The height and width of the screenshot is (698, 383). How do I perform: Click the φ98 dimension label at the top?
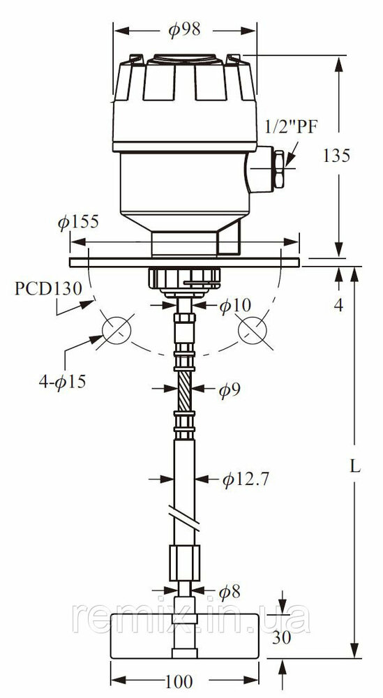point(184,30)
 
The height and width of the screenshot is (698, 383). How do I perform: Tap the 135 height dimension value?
point(337,156)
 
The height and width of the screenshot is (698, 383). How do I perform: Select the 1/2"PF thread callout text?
point(292,127)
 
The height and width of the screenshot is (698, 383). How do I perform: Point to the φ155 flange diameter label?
point(78,222)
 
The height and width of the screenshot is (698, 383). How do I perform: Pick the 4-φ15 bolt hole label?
point(62,382)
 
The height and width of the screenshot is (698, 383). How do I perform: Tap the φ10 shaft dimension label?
point(235,306)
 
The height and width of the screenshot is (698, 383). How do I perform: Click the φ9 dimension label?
point(230,390)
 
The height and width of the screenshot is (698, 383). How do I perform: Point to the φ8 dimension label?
point(230,591)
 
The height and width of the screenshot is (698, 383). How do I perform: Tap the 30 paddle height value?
point(282,637)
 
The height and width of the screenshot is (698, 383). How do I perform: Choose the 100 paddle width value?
point(179,681)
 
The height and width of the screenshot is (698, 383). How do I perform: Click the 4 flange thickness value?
point(339,305)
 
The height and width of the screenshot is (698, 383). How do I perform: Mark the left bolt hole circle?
point(117,330)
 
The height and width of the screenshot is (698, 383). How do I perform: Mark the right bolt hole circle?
point(253,331)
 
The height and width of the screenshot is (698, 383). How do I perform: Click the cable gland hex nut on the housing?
point(279,169)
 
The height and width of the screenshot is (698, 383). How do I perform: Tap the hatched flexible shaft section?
point(185,390)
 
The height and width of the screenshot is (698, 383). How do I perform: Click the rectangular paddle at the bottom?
point(185,636)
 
